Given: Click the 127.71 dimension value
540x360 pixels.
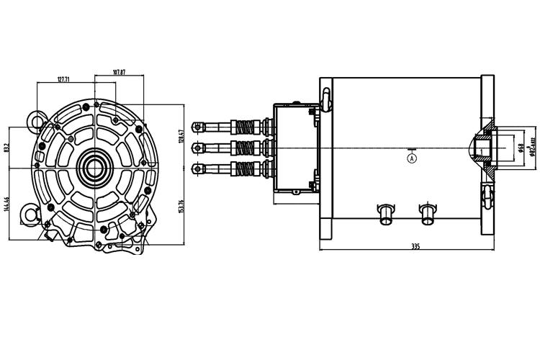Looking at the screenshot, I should click(68, 80).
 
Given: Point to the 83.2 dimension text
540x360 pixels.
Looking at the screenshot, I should click(6, 148).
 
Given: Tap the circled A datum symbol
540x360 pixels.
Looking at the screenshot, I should click(411, 156).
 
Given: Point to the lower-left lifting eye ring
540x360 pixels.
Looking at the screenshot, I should click(31, 213).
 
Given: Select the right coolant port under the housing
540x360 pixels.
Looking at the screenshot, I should click(428, 212).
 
